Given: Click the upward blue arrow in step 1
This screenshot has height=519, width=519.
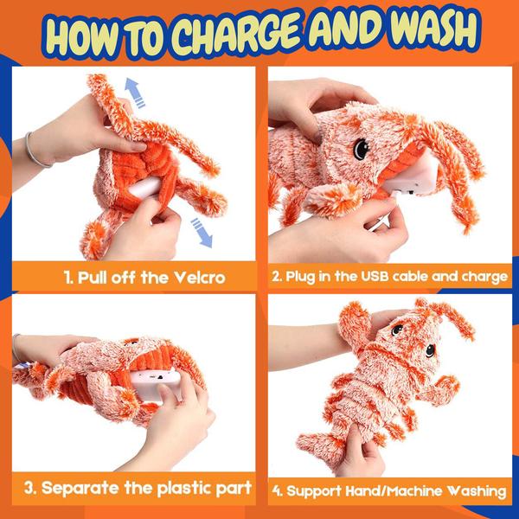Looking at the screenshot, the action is tap(135, 93).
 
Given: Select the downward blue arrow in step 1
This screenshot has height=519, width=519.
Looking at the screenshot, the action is tap(202, 233).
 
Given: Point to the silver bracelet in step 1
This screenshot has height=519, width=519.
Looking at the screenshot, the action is tap(35, 151).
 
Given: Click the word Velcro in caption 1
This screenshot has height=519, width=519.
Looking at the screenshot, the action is tap(200, 277).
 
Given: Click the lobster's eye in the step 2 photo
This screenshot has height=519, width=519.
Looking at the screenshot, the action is tap(361, 148).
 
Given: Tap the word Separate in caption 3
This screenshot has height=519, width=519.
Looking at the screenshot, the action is tap(80, 488).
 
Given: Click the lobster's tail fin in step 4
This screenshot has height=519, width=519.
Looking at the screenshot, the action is tap(316, 445).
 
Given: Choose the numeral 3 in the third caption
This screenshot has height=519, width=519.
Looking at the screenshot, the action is tap(29, 488).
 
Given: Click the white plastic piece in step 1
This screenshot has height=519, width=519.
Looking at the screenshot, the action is tap(145, 188).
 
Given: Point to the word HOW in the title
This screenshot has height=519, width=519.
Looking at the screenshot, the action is tap(81, 38).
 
